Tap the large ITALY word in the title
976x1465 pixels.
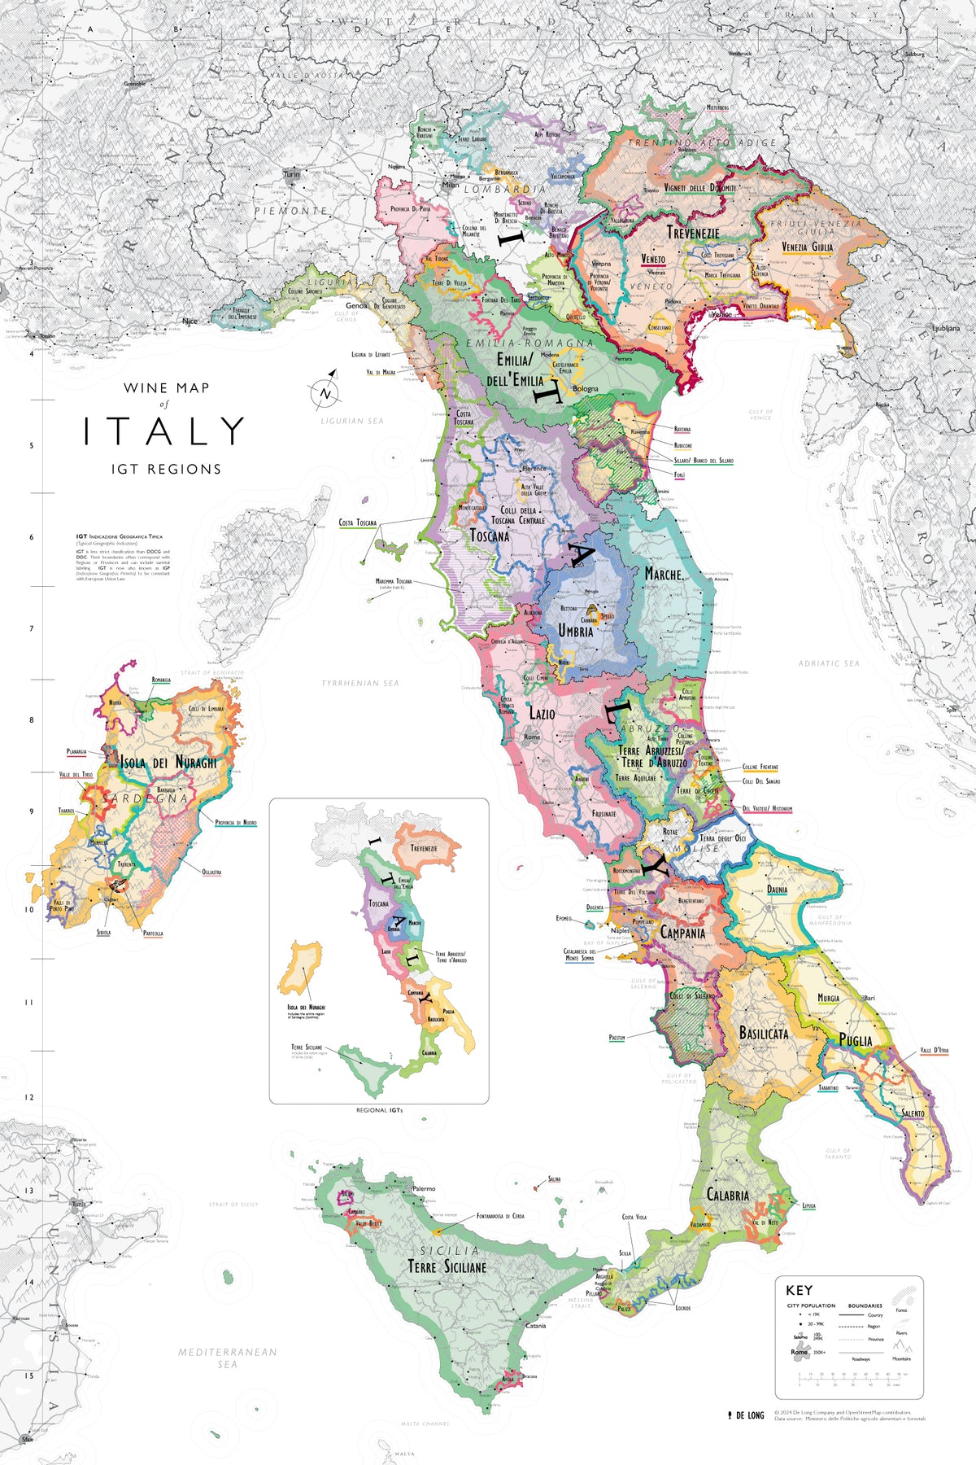pos(163,431)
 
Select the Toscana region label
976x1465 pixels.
pos(490,536)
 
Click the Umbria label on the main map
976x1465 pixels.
pos(576,631)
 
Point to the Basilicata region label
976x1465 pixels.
pos(763,1033)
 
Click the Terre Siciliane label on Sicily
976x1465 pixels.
pos(447,1267)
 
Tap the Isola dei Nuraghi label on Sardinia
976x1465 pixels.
pos(168,763)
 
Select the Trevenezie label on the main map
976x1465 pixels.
pos(693,233)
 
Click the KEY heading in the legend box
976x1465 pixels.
pos(799,1290)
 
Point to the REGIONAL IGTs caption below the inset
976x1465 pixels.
pos(379,1110)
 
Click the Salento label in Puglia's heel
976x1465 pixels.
pos(913,1113)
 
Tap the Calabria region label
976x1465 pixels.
pos(727,1195)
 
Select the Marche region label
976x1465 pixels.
pos(664,574)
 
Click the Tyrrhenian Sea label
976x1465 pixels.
pos(360,683)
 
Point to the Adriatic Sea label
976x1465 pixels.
pos(829,663)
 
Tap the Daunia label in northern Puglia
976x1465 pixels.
pos(777,890)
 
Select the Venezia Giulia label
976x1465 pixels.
pos(807,247)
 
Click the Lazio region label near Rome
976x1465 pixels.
pos(542,714)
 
